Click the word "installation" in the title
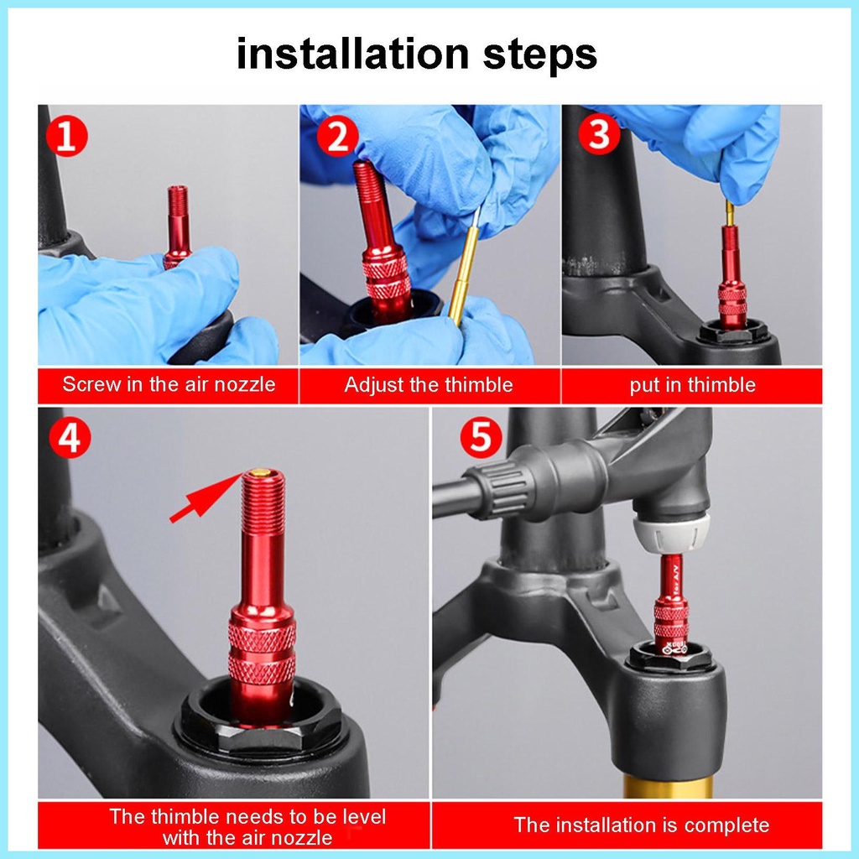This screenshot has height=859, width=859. click(353, 54)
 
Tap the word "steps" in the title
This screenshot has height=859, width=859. click(539, 55)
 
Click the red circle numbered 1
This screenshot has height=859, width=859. click(67, 136)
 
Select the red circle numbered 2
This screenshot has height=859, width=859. click(337, 136)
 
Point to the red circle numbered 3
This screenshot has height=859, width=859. click(599, 133)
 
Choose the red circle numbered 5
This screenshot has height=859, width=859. click(481, 437)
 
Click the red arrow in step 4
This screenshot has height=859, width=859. click(206, 498)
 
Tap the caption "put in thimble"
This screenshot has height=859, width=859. click(692, 385)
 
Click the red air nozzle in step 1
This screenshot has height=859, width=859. click(176, 226)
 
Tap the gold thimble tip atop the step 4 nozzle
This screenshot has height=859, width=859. click(262, 471)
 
